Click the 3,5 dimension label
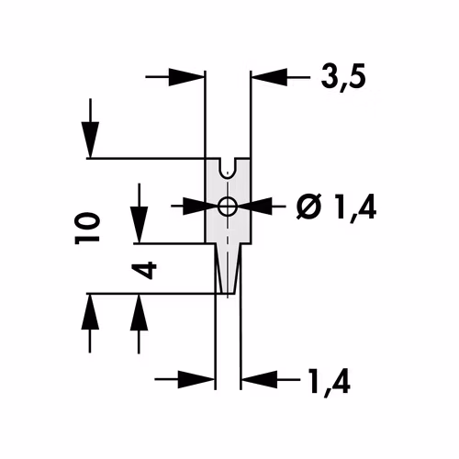coord(343,77)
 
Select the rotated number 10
coord(87,229)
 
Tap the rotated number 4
coord(144,270)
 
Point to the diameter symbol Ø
coord(309,207)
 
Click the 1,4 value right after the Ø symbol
coord(355,207)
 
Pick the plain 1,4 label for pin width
coord(330,381)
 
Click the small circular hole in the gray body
coord(227,207)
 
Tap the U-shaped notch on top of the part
coord(228,168)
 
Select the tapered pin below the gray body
coord(228,269)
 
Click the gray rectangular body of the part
coord(228,201)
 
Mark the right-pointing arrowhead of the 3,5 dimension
coord(186,77)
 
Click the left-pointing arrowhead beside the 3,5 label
coord(269,77)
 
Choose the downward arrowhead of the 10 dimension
coord(90,140)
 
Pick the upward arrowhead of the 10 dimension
coord(90,311)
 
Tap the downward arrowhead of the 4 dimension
coord(140,225)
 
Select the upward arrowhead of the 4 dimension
coord(140,312)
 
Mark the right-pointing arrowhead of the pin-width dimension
coord(196,380)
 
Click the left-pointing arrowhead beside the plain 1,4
coord(260,380)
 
